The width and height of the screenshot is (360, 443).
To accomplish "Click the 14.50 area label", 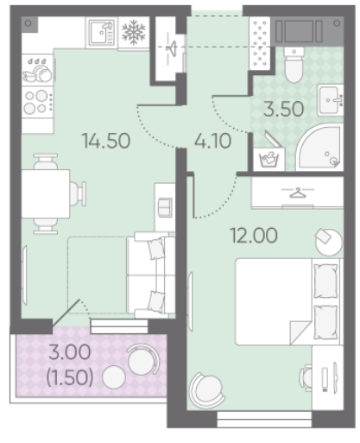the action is tap(106, 141).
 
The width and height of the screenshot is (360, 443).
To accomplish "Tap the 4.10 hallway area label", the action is tap(212, 141).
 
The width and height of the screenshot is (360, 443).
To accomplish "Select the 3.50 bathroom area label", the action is tap(284, 109).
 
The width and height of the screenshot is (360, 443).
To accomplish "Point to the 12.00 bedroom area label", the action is tap(254, 235).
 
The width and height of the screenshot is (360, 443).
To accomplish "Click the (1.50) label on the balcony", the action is tap(70, 377).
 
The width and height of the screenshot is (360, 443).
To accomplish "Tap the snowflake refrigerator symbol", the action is tap(134, 32).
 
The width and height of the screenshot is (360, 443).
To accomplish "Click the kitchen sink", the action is tap(102, 32).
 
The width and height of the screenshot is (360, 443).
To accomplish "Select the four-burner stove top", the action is tap(37, 102).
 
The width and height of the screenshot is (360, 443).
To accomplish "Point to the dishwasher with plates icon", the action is tap(37, 70).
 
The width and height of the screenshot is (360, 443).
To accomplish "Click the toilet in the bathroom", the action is tap(294, 64).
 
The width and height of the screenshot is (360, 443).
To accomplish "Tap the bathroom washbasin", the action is tap(331, 100).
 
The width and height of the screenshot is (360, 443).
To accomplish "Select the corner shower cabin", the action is tap(319, 148).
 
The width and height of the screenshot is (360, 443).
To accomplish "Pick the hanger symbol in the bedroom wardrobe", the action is tap(298, 193).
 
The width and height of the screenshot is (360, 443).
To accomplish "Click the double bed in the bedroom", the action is tap(287, 301).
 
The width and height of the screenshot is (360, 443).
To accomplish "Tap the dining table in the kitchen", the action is tap(46, 193).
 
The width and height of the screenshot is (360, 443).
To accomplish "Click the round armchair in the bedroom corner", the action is tap(206, 390).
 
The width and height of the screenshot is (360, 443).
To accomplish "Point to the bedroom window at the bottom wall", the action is tap(264, 420).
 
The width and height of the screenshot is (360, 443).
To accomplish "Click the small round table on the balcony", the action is tap(114, 377).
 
